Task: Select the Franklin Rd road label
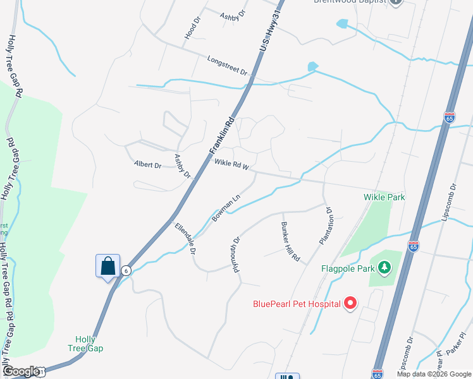tap(223, 133)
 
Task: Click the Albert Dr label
tap(148, 164)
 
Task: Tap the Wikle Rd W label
tap(231, 165)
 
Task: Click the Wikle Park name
tap(384, 197)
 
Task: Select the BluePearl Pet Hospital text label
tap(297, 304)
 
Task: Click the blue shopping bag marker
tap(107, 266)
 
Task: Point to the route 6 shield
tap(126, 270)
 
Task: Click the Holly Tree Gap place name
tap(85, 344)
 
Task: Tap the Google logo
tap(20, 371)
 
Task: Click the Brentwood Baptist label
tap(350, 2)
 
